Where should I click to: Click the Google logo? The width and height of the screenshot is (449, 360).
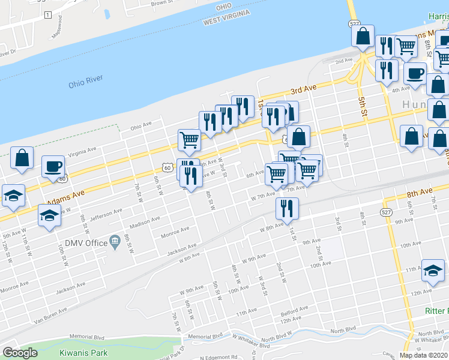click(20, 352)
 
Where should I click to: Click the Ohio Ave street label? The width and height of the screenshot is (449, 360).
click(142, 126)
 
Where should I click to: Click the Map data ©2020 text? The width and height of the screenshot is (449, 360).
click(423, 355)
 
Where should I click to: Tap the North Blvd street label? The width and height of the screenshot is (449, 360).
click(343, 329)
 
